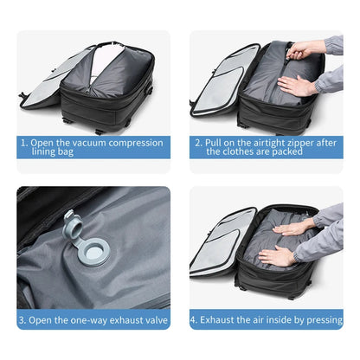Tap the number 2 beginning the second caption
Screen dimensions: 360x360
click(197, 141)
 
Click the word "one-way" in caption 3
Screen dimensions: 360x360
click(87, 319)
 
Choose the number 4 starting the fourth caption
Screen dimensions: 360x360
click(194, 319)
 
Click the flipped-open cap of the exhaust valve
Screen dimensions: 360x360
click(73, 226)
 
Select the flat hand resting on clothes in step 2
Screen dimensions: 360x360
click(296, 86)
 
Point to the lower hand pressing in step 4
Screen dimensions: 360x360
click(279, 255)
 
